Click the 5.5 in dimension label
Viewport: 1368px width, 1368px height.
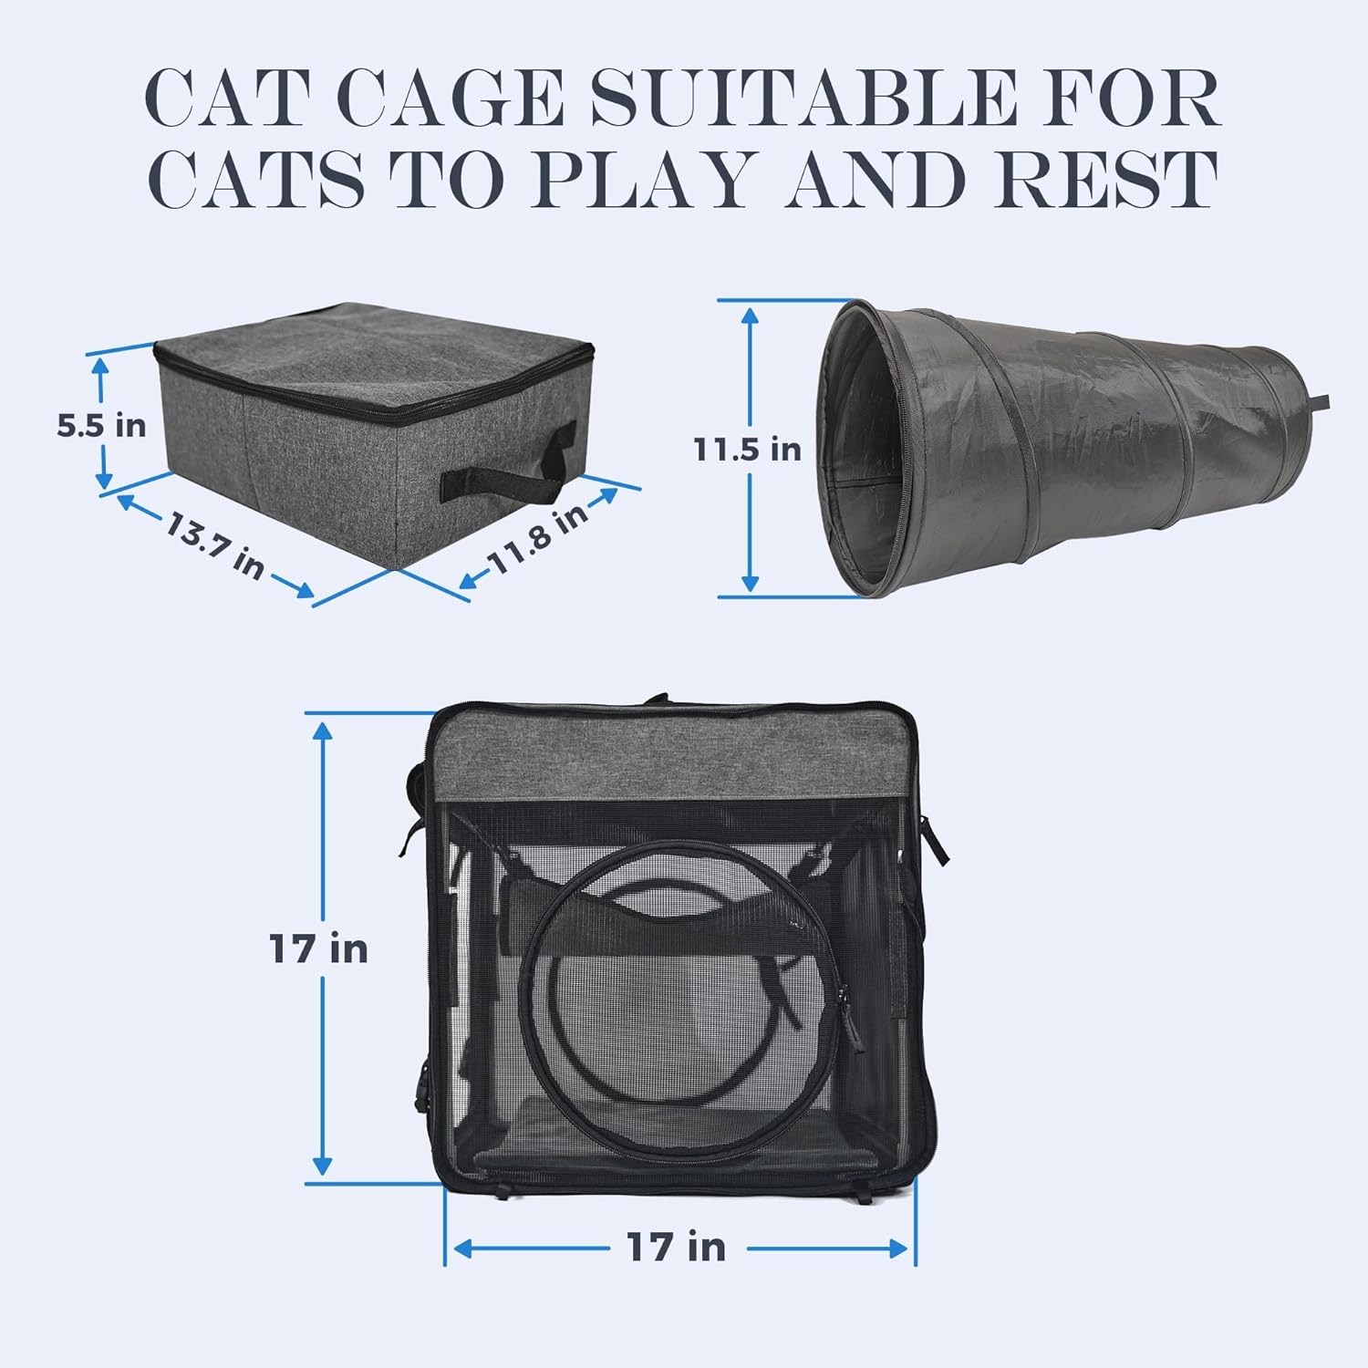click(101, 425)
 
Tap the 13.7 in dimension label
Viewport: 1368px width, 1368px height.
click(215, 544)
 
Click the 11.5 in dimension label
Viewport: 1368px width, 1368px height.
click(747, 449)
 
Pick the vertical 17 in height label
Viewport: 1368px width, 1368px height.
click(318, 949)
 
